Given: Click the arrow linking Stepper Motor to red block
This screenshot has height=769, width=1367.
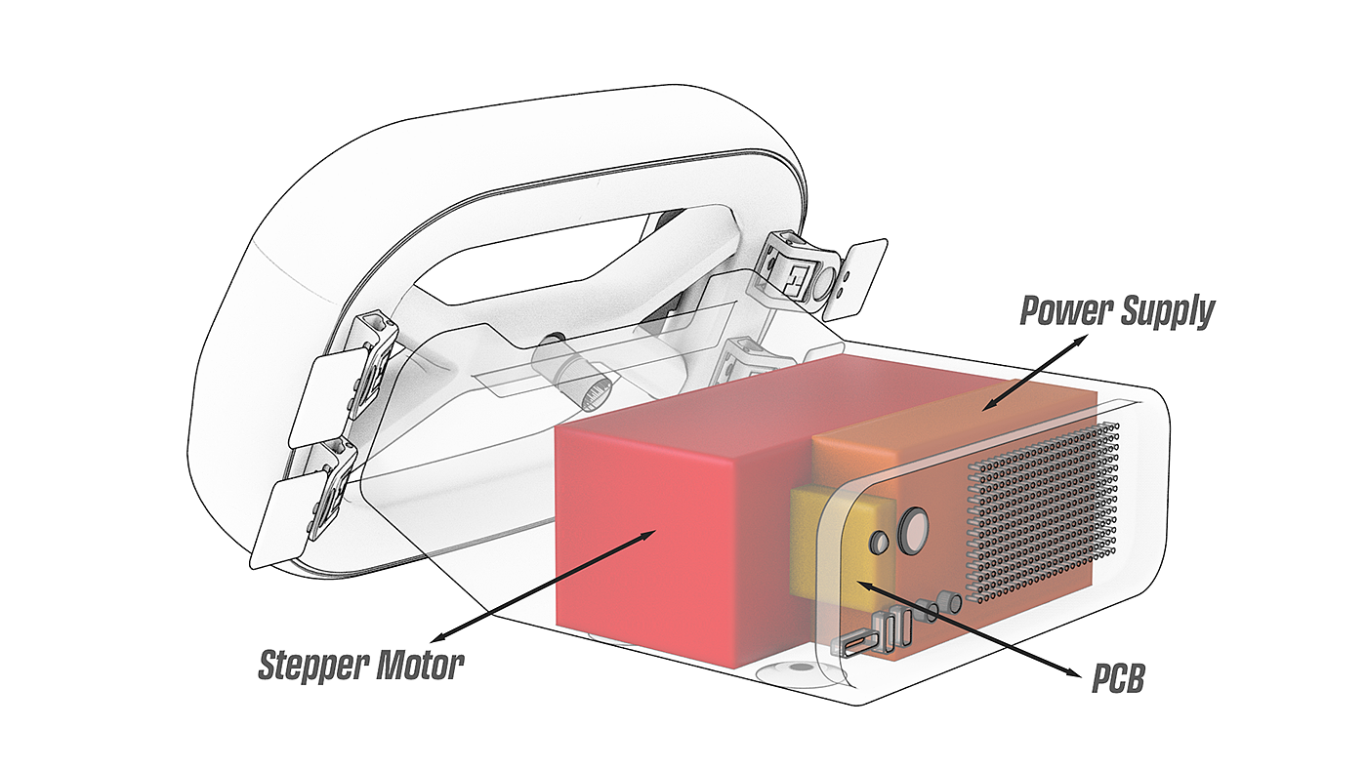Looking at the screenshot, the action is click(543, 586).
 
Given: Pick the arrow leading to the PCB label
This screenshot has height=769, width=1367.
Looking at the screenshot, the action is click(972, 628).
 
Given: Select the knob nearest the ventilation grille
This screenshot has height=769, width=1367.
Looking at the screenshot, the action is click(948, 602).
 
